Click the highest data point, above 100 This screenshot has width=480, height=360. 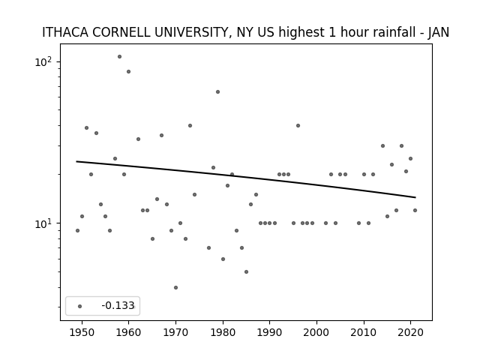pyautogui.click(x=119, y=57)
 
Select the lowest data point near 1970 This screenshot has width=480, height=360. pyautogui.click(x=175, y=287)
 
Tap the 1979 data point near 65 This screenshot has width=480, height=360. pyautogui.click(x=217, y=91)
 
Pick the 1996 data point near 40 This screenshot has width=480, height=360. pyautogui.click(x=298, y=125)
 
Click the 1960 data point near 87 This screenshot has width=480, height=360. pyautogui.click(x=128, y=72)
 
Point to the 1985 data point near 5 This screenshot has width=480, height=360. pyautogui.click(x=246, y=271)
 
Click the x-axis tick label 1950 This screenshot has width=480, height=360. pyautogui.click(x=82, y=333)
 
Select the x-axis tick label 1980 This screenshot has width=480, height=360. pyautogui.click(x=223, y=333)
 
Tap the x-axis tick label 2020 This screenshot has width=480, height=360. pyautogui.click(x=410, y=333)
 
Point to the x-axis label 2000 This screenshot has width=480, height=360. pyautogui.click(x=316, y=333)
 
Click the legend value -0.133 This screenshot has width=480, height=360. pyautogui.click(x=118, y=305)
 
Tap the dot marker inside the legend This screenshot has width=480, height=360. pyautogui.click(x=79, y=306)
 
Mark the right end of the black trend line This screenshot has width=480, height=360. pyautogui.click(x=415, y=197)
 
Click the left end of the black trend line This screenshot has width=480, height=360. pyautogui.click(x=76, y=161)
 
